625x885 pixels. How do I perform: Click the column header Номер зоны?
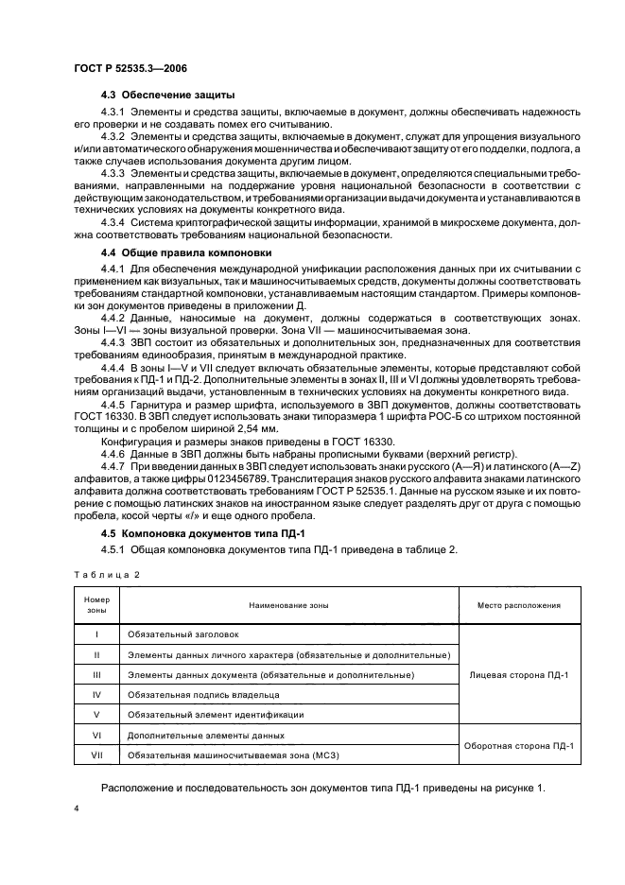[97, 605]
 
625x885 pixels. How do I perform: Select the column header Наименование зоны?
[287, 605]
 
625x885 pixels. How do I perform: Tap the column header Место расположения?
[519, 605]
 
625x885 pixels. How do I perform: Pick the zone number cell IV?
[97, 695]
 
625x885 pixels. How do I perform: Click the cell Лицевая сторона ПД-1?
[519, 675]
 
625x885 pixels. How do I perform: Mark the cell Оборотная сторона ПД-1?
[519, 745]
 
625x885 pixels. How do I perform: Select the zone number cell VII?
[97, 754]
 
